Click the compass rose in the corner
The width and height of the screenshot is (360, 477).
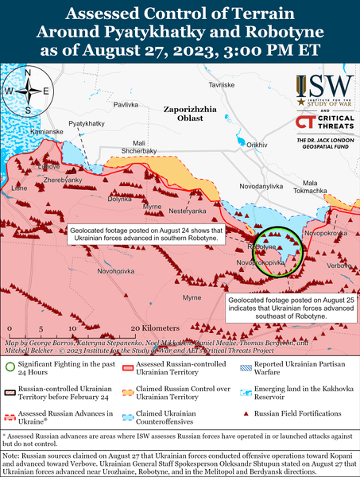click(x=28, y=90)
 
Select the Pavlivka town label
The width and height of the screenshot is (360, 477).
click(x=126, y=104)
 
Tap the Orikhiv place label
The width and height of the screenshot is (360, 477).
click(x=257, y=145)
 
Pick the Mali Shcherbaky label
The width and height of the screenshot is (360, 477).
click(x=138, y=145)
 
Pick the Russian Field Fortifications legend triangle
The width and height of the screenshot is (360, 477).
click(x=248, y=415)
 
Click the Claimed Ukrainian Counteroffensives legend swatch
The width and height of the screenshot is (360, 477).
click(x=129, y=415)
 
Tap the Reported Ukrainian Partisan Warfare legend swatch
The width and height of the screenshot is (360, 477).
click(x=248, y=366)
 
